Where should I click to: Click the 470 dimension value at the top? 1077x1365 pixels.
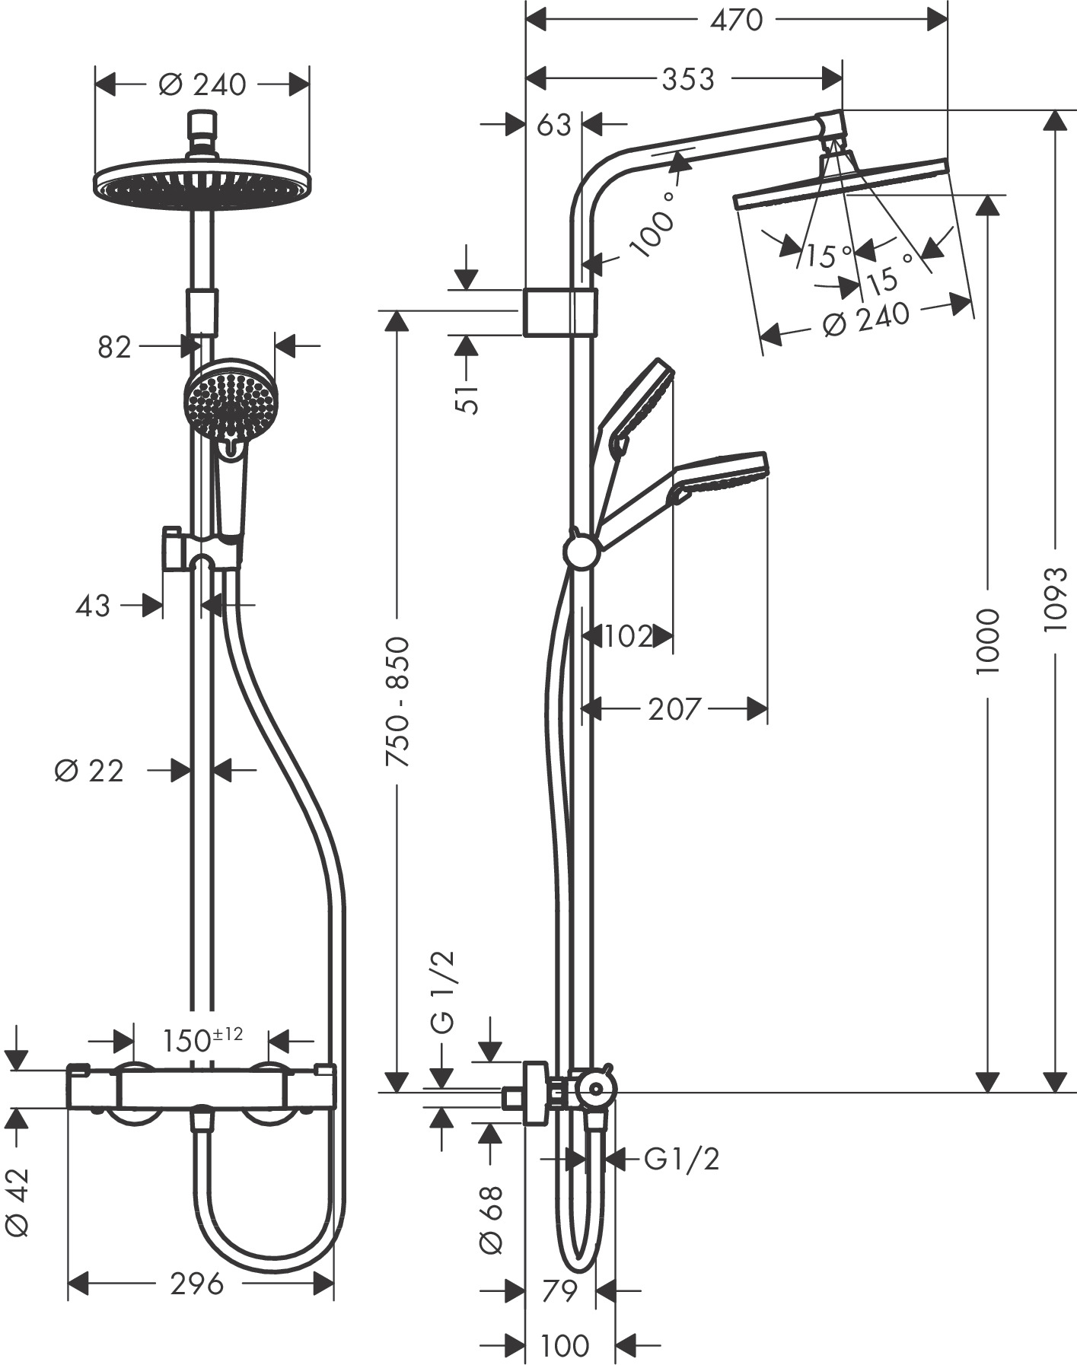tap(736, 21)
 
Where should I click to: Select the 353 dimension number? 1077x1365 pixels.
tap(688, 78)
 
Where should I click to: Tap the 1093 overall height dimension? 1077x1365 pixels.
tap(1056, 599)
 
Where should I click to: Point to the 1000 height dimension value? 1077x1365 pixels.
tap(987, 641)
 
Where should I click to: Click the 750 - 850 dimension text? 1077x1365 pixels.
tap(397, 702)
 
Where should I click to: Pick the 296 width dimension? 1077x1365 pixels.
tap(197, 1284)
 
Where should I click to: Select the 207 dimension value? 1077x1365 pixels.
tap(674, 709)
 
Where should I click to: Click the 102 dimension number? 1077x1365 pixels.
tap(629, 636)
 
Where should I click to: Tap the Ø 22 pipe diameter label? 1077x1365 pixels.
tap(89, 771)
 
